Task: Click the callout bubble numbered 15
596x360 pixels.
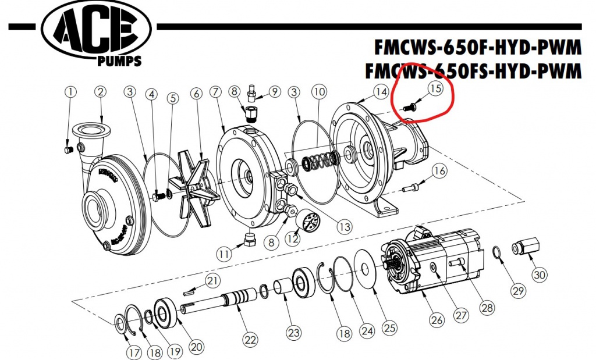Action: (x=435, y=88)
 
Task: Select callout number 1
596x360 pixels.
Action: (x=70, y=92)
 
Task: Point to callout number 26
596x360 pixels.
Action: (x=437, y=320)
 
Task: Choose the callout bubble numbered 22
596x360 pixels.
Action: (x=250, y=340)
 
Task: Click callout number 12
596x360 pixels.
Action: (x=292, y=238)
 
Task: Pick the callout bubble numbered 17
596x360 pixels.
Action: (x=134, y=353)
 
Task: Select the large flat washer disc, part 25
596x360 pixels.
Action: (x=365, y=269)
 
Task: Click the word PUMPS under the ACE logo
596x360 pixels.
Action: (x=119, y=60)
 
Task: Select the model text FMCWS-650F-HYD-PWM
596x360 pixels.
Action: (x=478, y=47)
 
